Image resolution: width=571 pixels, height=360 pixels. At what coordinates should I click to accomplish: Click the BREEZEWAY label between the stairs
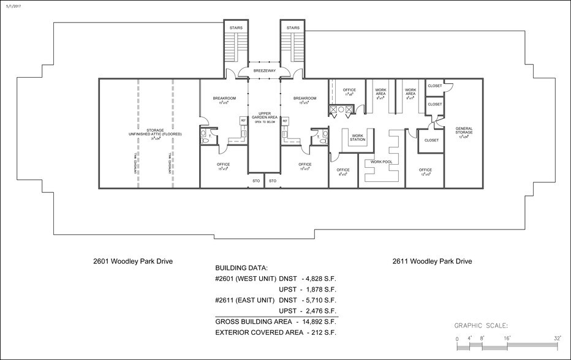(x=264, y=71)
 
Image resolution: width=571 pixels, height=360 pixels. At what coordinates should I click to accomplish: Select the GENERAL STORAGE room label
(x=463, y=131)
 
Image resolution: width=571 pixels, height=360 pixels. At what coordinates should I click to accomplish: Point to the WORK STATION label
(x=358, y=138)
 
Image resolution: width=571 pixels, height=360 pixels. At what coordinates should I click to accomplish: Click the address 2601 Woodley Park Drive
(x=133, y=261)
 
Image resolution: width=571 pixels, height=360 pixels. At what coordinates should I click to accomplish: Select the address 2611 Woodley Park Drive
(x=432, y=261)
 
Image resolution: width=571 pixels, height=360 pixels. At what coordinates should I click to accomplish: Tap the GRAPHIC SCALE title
(x=481, y=326)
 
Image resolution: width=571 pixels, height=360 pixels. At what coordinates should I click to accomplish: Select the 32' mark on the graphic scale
(x=558, y=338)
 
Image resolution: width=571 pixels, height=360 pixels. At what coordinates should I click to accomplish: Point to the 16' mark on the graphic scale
(x=507, y=338)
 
